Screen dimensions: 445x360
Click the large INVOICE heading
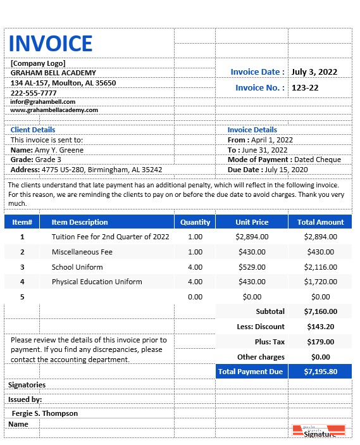(51, 44)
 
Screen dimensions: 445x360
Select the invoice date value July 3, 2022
(314, 72)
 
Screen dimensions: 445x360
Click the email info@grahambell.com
(43, 101)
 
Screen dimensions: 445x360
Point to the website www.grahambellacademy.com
(54, 110)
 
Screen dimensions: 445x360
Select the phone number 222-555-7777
(34, 93)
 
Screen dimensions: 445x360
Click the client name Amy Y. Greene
(59, 150)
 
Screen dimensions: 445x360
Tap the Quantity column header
(195, 222)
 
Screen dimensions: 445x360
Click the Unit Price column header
(252, 222)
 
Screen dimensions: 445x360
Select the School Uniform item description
(77, 267)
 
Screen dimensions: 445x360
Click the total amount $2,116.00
(320, 267)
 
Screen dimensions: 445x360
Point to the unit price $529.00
(252, 267)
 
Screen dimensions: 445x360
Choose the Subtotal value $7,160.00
(320, 311)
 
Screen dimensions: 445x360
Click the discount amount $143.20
(320, 327)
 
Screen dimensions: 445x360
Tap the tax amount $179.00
(320, 342)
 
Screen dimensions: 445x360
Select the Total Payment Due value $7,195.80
(320, 372)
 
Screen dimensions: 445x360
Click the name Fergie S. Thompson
(45, 413)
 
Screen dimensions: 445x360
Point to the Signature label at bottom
(320, 434)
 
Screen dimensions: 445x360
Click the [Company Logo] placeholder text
(38, 63)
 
